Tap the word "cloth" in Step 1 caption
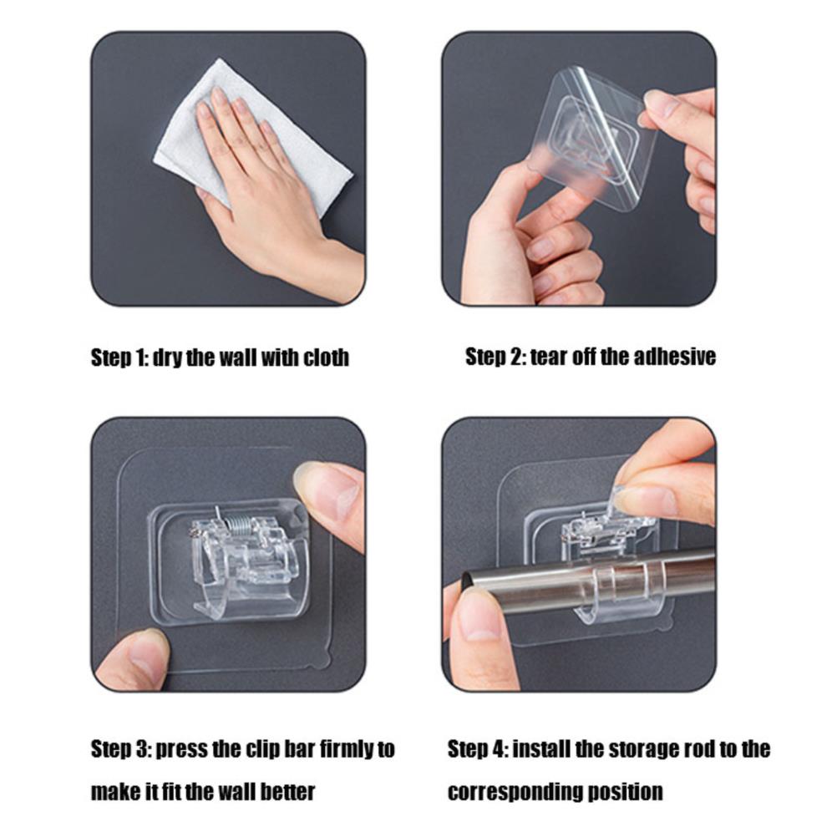(x=326, y=358)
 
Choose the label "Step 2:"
(x=495, y=356)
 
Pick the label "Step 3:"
(x=120, y=748)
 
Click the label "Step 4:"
(x=477, y=749)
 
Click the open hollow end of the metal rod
(x=468, y=579)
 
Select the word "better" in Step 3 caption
(x=289, y=791)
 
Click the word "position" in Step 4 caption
(x=624, y=791)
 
